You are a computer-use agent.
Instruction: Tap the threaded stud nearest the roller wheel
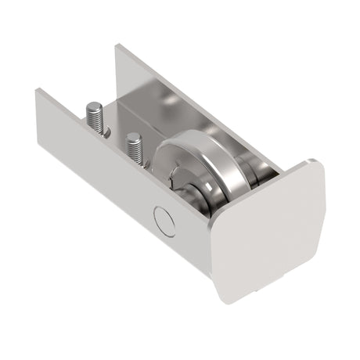(x=133, y=148)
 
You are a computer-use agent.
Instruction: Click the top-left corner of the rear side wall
(x=117, y=46)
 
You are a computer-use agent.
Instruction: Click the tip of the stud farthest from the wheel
(x=94, y=106)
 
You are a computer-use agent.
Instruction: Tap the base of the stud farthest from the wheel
(x=101, y=131)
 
